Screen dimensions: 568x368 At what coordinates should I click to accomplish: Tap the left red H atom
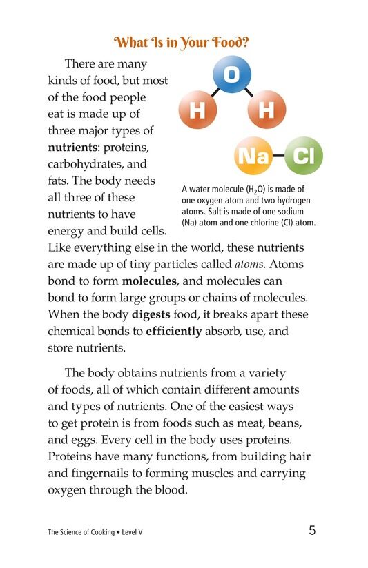click(x=197, y=110)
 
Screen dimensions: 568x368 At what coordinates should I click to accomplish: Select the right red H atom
click(x=265, y=110)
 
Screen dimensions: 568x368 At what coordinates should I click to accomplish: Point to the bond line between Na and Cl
click(x=278, y=156)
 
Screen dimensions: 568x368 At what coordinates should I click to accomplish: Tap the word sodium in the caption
click(x=291, y=212)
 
